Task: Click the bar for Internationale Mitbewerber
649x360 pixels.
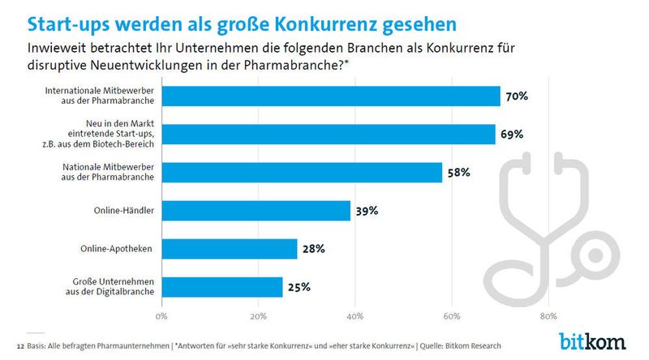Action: [x=330, y=96]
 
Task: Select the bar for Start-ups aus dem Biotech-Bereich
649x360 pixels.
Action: [x=328, y=134]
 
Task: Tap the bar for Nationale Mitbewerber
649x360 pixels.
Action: [x=302, y=172]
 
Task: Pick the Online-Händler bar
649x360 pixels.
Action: [x=256, y=211]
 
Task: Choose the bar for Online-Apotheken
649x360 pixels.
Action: [x=229, y=249]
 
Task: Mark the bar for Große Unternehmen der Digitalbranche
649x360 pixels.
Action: [x=221, y=286]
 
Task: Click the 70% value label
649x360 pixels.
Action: [x=516, y=96]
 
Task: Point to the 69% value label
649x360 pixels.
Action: [x=511, y=134]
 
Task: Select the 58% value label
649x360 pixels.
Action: [x=458, y=173]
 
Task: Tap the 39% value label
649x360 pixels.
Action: [x=366, y=211]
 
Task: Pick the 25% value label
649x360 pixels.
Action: [x=298, y=286]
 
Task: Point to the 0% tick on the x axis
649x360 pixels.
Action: [x=161, y=315]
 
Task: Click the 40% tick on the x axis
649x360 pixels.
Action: [x=355, y=315]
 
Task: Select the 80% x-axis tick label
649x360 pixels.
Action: [x=548, y=315]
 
